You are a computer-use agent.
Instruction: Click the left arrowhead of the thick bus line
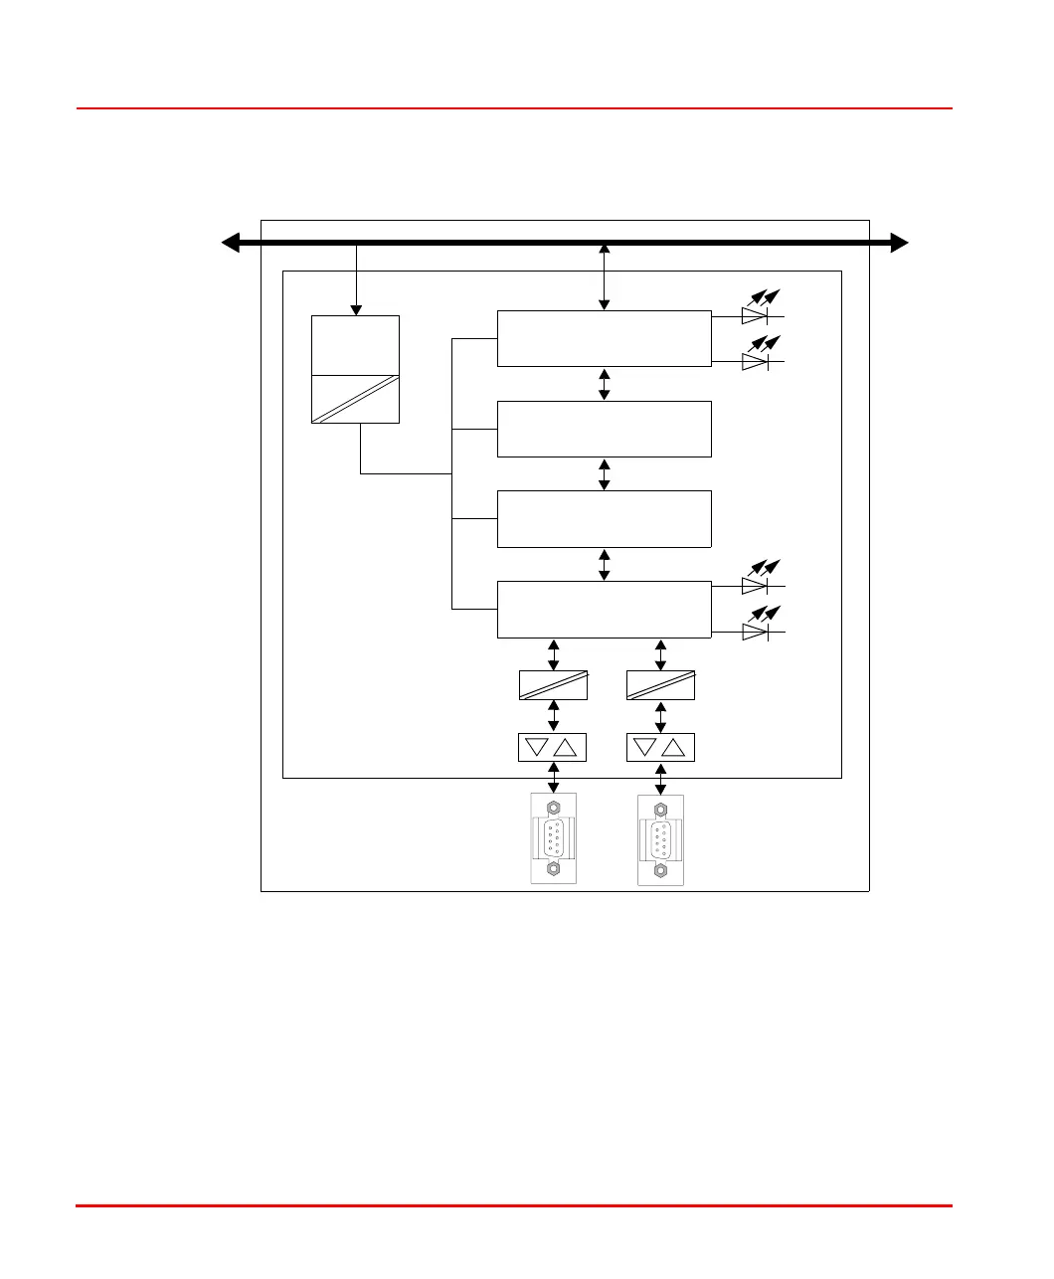click(x=231, y=243)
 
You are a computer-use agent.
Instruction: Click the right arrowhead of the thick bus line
click(x=899, y=243)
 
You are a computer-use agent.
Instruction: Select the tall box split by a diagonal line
click(x=355, y=369)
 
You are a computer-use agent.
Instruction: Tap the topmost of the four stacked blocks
click(x=604, y=338)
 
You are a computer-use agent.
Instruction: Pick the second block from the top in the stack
click(x=604, y=429)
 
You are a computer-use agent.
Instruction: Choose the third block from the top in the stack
click(x=604, y=518)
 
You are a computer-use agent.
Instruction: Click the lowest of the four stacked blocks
click(x=604, y=609)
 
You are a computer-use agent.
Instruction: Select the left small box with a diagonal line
click(x=553, y=685)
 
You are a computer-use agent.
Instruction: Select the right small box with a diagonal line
click(x=660, y=685)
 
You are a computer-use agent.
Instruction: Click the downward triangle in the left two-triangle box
click(x=538, y=748)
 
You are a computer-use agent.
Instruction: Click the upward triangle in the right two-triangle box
click(x=674, y=748)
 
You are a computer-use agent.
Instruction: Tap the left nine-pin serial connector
click(x=554, y=838)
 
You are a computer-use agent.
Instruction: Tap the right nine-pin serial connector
click(x=660, y=839)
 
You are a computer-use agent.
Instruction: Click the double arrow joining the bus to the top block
click(x=604, y=276)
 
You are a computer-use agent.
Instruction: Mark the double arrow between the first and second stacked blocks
click(x=604, y=384)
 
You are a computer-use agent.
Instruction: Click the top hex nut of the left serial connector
click(x=554, y=806)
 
